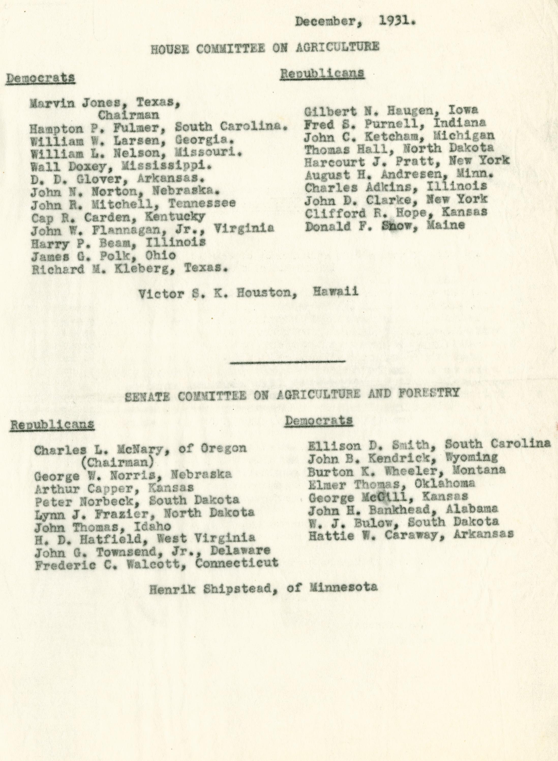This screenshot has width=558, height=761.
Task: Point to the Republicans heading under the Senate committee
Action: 52,424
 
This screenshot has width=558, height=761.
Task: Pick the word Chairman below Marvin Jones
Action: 128,115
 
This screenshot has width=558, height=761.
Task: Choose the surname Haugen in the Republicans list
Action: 394,110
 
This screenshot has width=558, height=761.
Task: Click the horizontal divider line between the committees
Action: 287,362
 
